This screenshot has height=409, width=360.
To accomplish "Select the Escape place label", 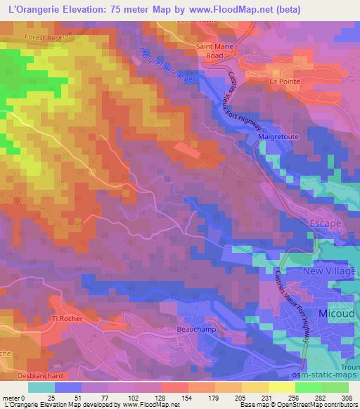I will (x=325, y=223).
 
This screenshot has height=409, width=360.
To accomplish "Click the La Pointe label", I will (x=284, y=82).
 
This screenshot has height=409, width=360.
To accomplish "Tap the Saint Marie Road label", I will (x=218, y=51).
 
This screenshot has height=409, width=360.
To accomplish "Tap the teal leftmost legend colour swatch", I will (x=41, y=387).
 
